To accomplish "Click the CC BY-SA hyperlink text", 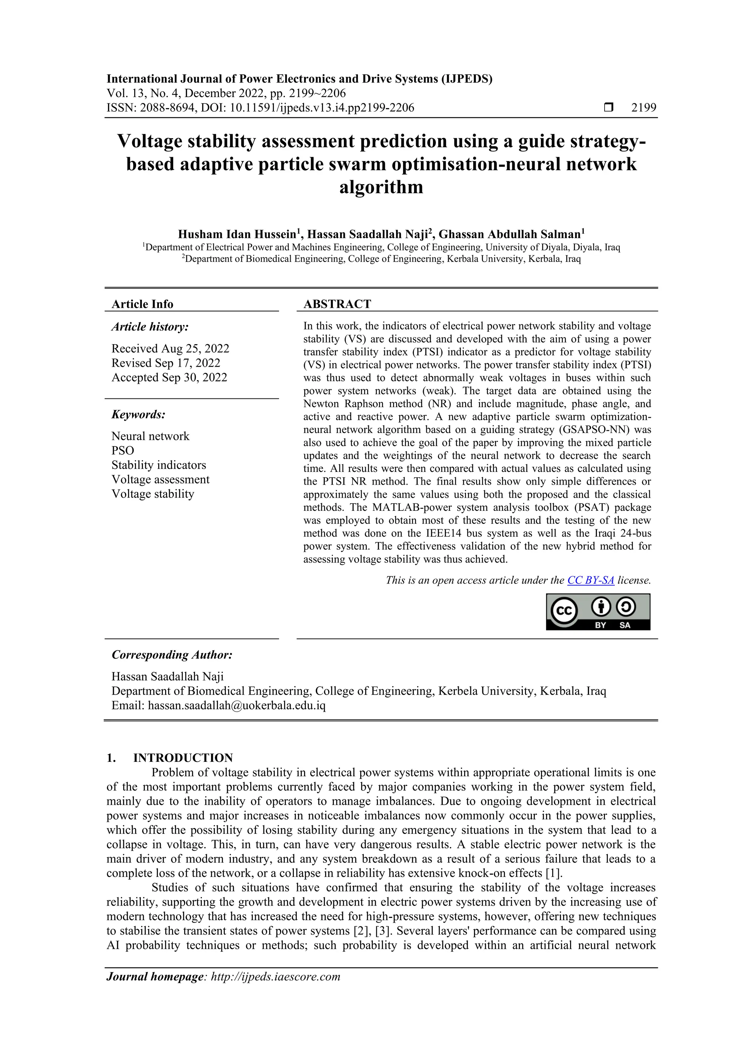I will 590,580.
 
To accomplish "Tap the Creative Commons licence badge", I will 598,612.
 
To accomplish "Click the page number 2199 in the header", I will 644,108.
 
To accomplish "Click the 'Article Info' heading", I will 142,304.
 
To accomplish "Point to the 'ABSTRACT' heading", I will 337,304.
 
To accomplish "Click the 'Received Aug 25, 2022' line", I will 170,349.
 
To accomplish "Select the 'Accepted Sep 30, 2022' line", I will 170,377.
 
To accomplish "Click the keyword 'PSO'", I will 123,450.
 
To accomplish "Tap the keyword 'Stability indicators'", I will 159,465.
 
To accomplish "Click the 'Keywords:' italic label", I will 138,414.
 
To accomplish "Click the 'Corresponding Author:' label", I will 172,655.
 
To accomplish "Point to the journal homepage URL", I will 275,977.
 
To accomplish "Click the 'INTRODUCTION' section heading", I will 183,757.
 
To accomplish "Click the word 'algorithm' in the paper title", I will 381,187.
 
